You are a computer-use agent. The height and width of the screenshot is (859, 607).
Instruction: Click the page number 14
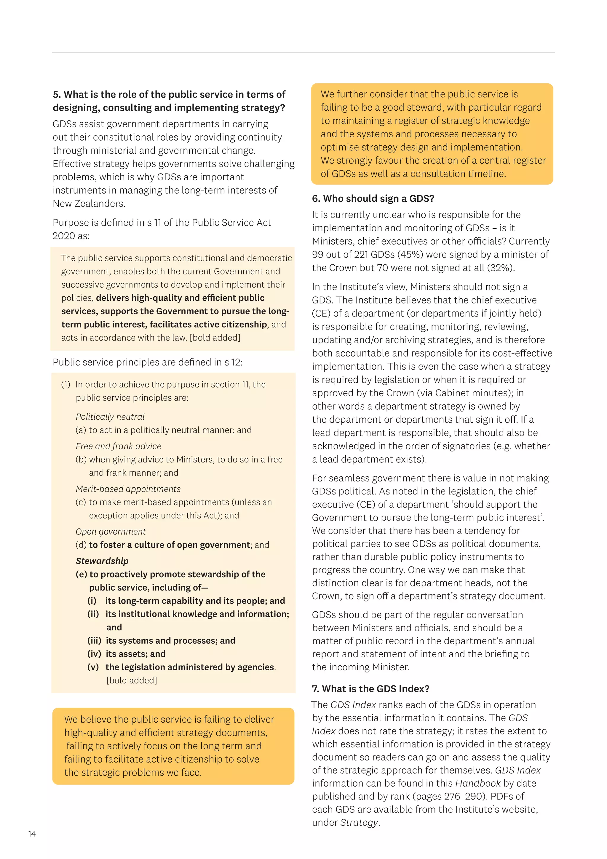click(32, 834)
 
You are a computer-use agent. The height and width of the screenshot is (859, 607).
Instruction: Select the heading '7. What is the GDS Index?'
click(370, 688)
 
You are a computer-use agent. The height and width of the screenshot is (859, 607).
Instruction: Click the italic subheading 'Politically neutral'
click(110, 417)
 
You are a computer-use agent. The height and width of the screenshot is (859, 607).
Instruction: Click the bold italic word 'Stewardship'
click(102, 561)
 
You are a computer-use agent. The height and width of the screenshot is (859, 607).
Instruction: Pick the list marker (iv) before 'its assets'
click(94, 654)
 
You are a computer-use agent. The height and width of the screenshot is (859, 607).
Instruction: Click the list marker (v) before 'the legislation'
click(93, 667)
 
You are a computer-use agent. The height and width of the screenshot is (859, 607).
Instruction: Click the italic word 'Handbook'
click(478, 783)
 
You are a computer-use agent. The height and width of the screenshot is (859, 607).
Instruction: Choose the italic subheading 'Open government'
click(111, 532)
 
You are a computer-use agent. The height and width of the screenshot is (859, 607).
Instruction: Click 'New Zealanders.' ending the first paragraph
click(89, 203)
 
